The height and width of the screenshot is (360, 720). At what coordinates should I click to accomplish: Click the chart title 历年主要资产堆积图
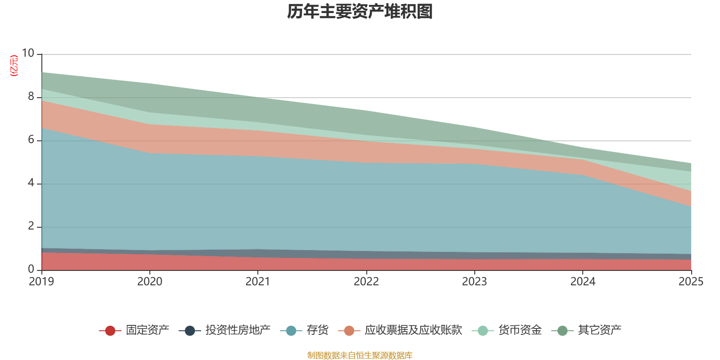360,12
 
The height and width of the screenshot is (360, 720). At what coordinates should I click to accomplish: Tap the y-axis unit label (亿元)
14,66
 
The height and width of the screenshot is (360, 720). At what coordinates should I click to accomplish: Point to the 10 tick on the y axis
28,53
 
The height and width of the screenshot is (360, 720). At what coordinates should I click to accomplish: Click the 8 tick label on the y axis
31,96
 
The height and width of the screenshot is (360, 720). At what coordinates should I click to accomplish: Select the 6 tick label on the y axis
31,139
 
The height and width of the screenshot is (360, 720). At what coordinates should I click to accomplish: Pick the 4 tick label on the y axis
31,183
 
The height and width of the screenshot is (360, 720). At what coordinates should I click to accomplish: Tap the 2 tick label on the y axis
31,226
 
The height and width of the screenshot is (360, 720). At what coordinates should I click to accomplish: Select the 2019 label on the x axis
41,282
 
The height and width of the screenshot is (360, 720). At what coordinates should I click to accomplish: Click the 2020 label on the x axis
150,282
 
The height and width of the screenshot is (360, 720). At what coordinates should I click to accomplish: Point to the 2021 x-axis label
258,282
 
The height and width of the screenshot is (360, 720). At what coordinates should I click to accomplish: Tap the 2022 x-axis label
366,282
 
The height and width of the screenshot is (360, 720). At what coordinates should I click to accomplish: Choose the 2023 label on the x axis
474,282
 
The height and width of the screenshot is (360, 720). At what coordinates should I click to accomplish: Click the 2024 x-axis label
583,282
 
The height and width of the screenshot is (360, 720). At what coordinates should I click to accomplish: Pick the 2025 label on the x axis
691,282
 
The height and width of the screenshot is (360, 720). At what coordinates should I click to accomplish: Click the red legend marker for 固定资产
110,331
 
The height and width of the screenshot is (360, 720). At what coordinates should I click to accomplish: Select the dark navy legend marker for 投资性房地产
190,331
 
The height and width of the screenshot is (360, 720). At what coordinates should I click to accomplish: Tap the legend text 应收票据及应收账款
414,330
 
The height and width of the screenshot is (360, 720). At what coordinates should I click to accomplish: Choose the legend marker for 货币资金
483,331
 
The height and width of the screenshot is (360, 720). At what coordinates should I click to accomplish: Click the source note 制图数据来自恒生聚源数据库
360,355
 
